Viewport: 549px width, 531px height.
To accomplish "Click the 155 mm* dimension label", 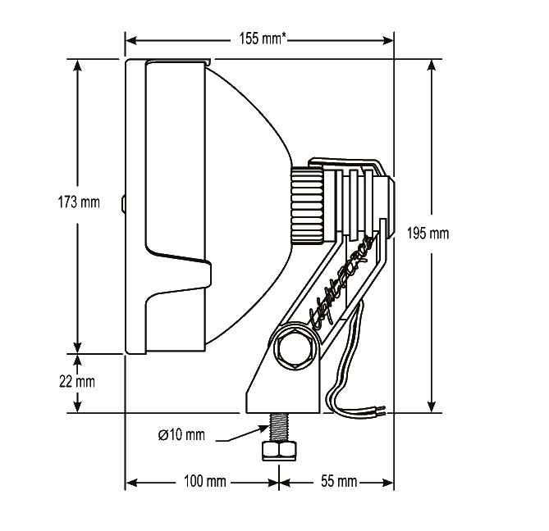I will tap(262, 39).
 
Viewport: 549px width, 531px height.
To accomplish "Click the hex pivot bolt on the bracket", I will tap(294, 348).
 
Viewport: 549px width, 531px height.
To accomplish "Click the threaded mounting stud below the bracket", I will tap(279, 428).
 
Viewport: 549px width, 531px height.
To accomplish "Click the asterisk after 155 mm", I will tap(283, 36).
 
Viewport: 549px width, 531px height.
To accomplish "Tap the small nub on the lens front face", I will tap(123, 202).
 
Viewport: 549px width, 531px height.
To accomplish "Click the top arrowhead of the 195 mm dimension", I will tap(430, 66).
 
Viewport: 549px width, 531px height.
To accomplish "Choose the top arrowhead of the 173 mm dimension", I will tap(78, 65).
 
